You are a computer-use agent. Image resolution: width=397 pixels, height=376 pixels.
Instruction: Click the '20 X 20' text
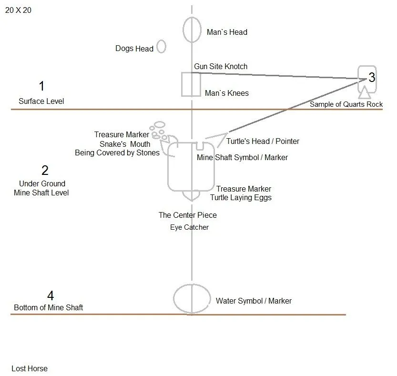coord(18,10)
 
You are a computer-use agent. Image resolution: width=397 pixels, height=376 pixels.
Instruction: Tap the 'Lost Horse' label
coord(30,368)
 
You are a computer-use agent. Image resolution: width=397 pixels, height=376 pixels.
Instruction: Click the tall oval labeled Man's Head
coord(183,30)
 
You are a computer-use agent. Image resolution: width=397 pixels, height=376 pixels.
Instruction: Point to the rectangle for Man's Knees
coord(182,84)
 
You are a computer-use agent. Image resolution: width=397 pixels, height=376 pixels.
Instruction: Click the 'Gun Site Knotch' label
coord(221,66)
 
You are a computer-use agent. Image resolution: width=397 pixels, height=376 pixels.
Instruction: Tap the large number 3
coord(372,77)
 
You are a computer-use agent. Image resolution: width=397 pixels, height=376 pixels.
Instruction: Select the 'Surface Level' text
coord(41,102)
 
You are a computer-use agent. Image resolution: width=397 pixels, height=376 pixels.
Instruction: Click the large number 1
coord(42,86)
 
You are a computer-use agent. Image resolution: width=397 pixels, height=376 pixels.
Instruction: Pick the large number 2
coord(45,170)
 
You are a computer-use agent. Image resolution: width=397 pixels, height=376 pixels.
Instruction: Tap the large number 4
coord(51,295)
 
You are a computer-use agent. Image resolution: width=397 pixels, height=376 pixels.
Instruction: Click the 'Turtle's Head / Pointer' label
coord(263,141)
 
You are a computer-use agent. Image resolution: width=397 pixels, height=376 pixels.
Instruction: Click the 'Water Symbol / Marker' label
coord(254,301)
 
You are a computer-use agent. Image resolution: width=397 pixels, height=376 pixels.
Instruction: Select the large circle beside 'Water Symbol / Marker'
coord(173,299)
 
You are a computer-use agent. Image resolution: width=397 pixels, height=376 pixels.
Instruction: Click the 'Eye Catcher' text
coord(189,227)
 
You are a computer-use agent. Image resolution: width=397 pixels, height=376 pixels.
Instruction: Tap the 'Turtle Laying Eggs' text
coord(241,197)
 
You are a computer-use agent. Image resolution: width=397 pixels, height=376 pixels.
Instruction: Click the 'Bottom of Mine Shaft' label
coord(48,307)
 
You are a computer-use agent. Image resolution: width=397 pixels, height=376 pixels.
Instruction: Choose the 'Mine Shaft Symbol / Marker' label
coord(242,157)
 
